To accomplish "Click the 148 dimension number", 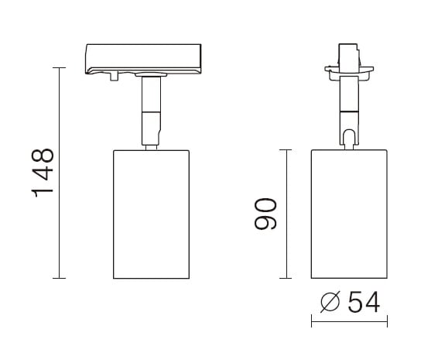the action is pos(43,173).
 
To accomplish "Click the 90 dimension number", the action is pos(265,214).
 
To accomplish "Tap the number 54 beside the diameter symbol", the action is pos(364,302).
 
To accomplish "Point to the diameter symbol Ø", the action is pos(330,302).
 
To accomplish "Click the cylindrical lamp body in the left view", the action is pos(151,214).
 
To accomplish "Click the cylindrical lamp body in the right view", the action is pos(349,214).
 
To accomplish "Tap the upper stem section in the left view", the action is pos(151,94).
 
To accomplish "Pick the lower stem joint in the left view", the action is pos(151,129).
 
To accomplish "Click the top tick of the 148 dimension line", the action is pos(60,67).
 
